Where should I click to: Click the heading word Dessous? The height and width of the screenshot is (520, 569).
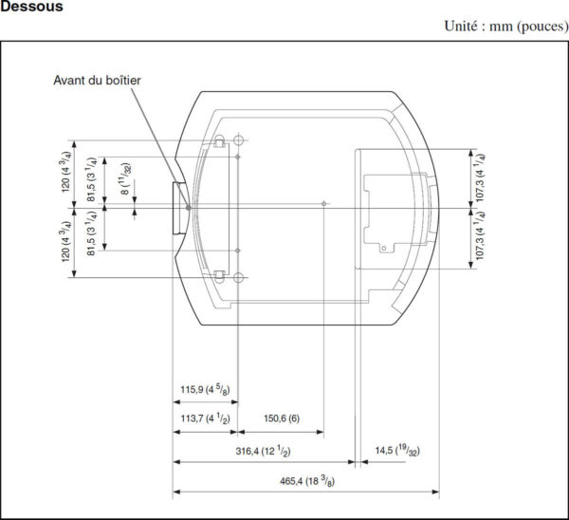(x=31, y=7)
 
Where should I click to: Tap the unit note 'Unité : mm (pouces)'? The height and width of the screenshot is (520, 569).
(x=506, y=27)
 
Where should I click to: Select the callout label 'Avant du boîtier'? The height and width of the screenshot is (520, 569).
(x=97, y=81)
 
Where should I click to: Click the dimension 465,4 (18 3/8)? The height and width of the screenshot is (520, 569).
(x=307, y=481)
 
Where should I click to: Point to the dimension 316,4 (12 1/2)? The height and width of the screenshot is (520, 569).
(x=263, y=452)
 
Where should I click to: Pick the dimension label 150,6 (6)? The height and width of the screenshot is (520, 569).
(x=282, y=418)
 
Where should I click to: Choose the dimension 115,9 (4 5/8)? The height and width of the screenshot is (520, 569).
(x=205, y=390)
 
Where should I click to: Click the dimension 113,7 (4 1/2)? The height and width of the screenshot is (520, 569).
(x=205, y=418)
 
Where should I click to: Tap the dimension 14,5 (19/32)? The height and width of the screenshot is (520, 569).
(x=397, y=451)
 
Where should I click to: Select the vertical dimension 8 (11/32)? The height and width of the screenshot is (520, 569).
(x=125, y=179)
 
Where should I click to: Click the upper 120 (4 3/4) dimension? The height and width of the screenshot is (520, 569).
(x=65, y=172)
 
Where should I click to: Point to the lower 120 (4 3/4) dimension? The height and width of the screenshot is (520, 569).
(x=65, y=241)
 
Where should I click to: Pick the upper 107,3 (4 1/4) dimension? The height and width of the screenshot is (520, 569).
(x=479, y=177)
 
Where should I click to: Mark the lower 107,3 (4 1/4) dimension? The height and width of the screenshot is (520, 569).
(x=479, y=235)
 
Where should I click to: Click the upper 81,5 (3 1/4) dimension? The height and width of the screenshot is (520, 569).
(x=91, y=179)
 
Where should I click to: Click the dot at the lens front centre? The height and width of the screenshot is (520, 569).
(x=189, y=208)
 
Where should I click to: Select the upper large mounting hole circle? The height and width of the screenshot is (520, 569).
(x=238, y=140)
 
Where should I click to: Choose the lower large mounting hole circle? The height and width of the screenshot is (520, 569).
(x=238, y=278)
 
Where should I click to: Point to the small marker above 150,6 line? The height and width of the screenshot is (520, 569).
(x=323, y=204)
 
